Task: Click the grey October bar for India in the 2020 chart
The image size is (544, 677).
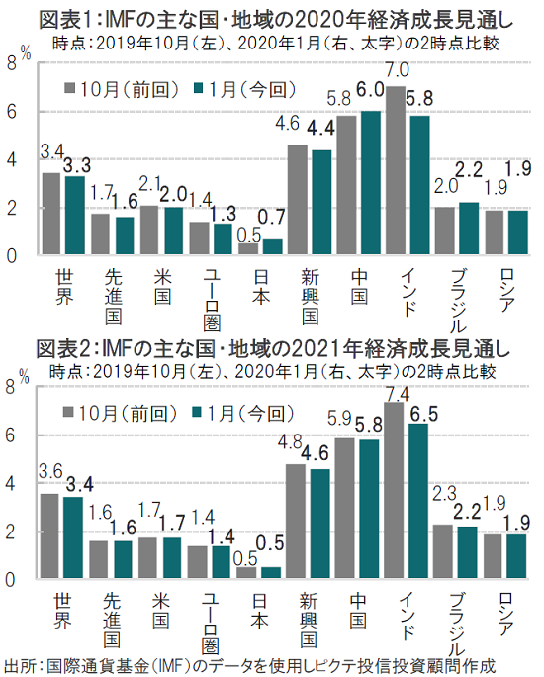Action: click(x=396, y=170)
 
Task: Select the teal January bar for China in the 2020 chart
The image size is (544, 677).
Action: click(x=371, y=183)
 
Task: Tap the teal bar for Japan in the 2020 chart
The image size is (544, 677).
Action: click(x=273, y=246)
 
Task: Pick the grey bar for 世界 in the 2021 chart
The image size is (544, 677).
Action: click(x=48, y=535)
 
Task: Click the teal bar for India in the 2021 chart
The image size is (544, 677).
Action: click(x=418, y=501)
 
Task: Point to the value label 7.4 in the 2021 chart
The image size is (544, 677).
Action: click(x=398, y=394)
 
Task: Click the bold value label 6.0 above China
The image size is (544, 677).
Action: click(x=370, y=89)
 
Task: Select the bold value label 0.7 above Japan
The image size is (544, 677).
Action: click(x=272, y=217)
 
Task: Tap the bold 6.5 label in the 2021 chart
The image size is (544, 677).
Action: click(x=423, y=414)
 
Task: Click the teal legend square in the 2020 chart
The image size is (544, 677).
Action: click(x=198, y=88)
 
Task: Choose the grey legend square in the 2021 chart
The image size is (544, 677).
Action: click(x=67, y=413)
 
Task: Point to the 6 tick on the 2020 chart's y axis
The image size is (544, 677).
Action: click(x=11, y=112)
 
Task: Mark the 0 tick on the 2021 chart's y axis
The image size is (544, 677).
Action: click(x=10, y=580)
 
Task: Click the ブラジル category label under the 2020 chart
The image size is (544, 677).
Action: click(x=458, y=300)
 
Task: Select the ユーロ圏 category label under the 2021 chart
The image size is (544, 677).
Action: click(x=211, y=624)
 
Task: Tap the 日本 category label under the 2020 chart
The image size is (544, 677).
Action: click(x=261, y=287)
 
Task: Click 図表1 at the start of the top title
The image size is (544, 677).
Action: click(x=65, y=20)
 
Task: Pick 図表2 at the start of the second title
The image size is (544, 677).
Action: click(x=63, y=348)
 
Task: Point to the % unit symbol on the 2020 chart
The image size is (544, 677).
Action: click(x=26, y=53)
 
